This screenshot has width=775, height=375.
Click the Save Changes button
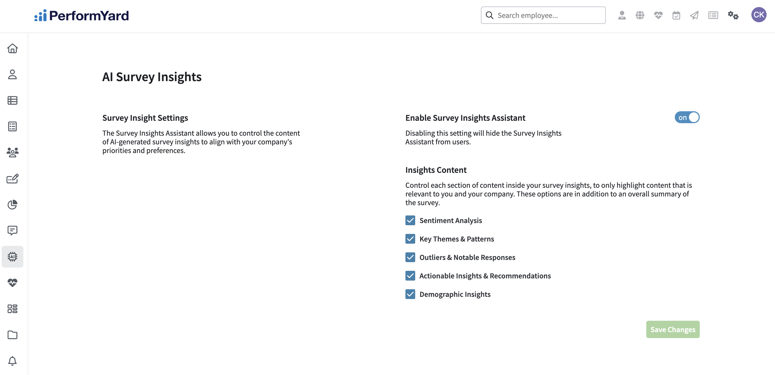pyautogui.click(x=672, y=329)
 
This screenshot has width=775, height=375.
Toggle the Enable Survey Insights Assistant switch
pyautogui.click(x=687, y=117)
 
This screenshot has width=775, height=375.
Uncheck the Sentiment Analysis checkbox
pyautogui.click(x=410, y=220)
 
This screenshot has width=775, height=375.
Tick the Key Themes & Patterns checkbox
pyautogui.click(x=410, y=239)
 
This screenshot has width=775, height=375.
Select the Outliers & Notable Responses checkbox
pyautogui.click(x=410, y=257)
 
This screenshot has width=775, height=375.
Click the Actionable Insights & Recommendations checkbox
pyautogui.click(x=410, y=276)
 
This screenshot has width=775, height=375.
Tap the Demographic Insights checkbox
pyautogui.click(x=410, y=294)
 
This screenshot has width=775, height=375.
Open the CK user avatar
pyautogui.click(x=758, y=15)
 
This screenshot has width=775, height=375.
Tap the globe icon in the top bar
pyautogui.click(x=640, y=15)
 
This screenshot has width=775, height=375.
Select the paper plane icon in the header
pyautogui.click(x=694, y=15)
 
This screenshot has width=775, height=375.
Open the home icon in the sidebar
pyautogui.click(x=12, y=48)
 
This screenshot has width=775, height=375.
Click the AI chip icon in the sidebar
pyautogui.click(x=12, y=256)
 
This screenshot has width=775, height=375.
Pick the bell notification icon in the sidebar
pyautogui.click(x=12, y=361)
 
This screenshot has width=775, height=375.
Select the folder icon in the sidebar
pyautogui.click(x=12, y=335)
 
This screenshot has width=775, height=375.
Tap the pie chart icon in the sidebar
pyautogui.click(x=12, y=205)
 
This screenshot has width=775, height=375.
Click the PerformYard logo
pyautogui.click(x=81, y=15)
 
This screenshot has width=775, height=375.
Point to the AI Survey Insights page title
pyautogui.click(x=152, y=77)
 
